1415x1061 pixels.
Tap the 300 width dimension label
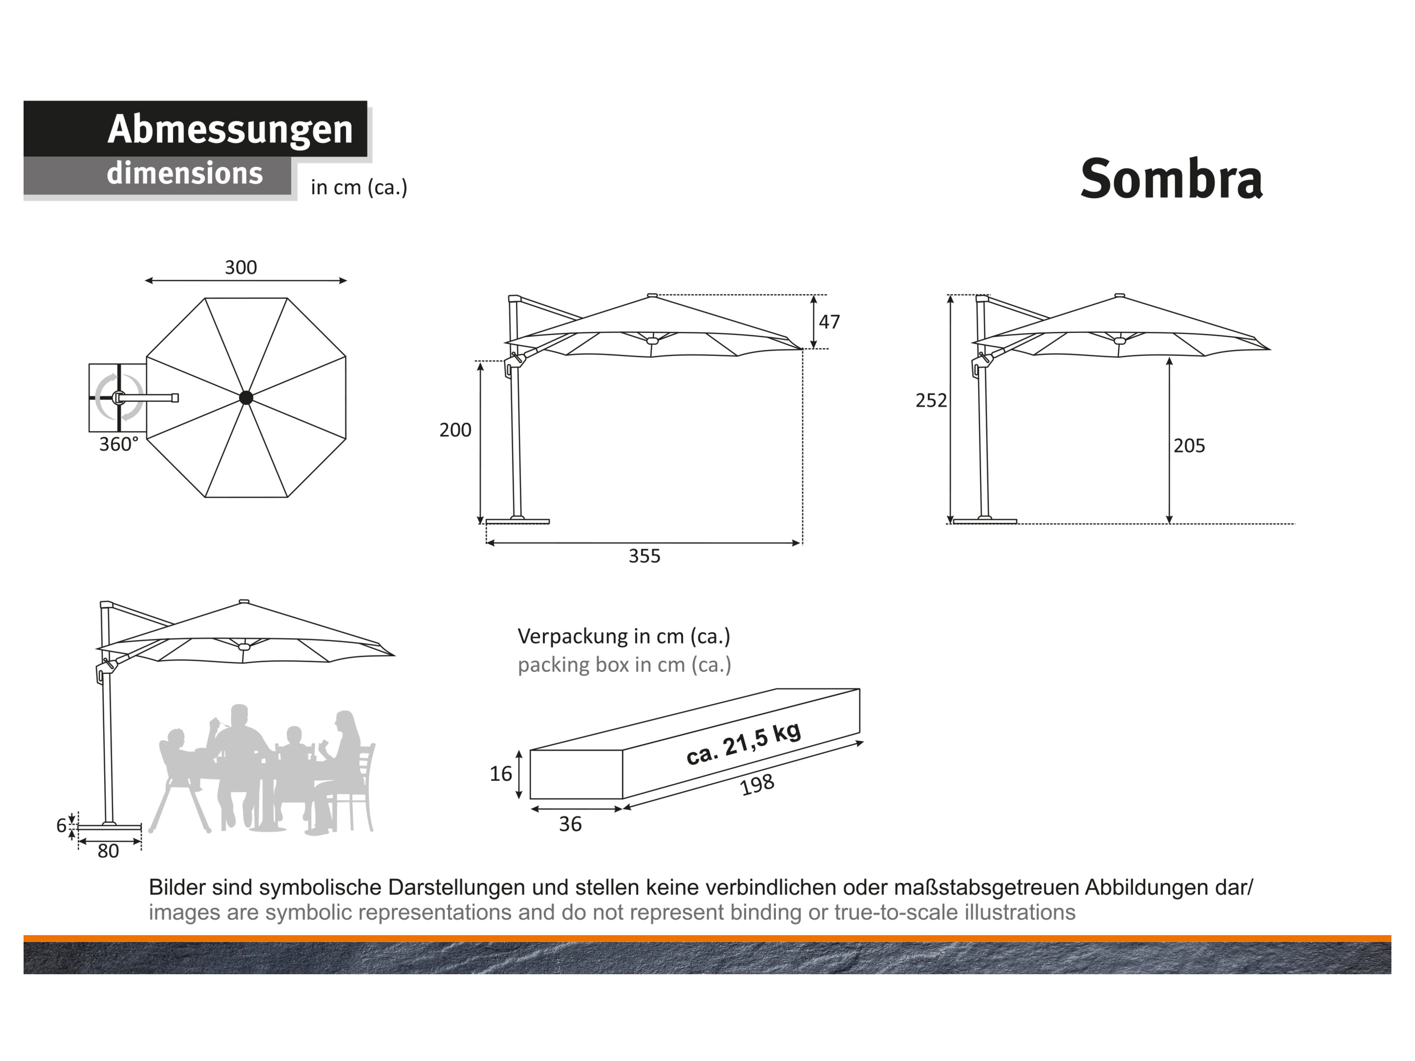[241, 267]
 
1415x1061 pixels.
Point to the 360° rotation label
[119, 444]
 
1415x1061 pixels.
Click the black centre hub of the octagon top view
[246, 398]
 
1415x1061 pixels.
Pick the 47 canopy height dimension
[829, 322]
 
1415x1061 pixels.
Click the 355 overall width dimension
[644, 556]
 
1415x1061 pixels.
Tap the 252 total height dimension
[931, 400]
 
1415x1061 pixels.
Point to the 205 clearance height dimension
[1189, 446]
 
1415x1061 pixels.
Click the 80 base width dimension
[108, 851]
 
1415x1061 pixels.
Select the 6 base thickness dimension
[61, 826]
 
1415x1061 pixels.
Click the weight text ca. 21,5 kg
[743, 744]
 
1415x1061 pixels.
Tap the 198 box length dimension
[757, 785]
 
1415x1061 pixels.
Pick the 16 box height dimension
[501, 774]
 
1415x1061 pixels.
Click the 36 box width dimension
[570, 824]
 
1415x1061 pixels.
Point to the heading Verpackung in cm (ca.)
[624, 636]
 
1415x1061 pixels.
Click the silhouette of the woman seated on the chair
[342, 771]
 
